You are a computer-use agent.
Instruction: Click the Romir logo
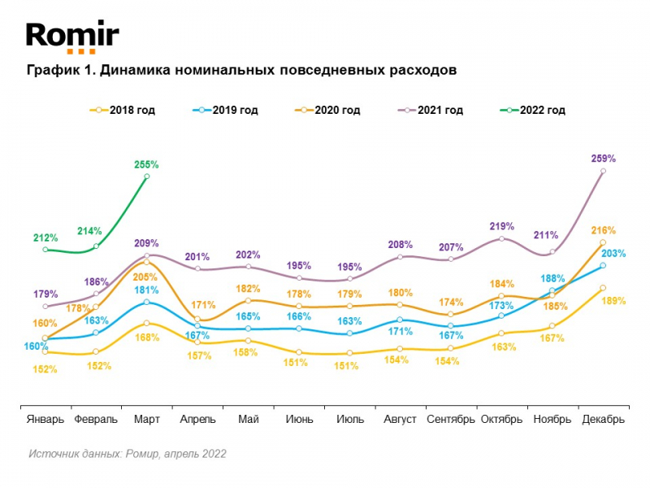pos(72,37)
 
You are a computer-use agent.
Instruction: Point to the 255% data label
pos(146,164)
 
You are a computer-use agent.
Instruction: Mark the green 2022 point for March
pos(146,176)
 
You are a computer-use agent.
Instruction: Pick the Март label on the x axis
pos(146,419)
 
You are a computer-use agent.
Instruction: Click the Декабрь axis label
pos(603,419)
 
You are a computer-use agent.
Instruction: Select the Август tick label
pos(400,419)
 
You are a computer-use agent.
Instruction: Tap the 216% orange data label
pos(604,230)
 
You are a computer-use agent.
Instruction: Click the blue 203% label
pos(614,254)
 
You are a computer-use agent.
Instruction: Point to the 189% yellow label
pos(614,301)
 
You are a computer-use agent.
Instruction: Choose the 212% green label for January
pos(45,238)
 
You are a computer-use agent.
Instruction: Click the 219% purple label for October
pos(502,226)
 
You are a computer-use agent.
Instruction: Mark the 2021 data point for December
pos(603,171)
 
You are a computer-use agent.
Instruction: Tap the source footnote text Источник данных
pos(75,454)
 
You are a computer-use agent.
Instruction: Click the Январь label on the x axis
pos(45,419)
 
